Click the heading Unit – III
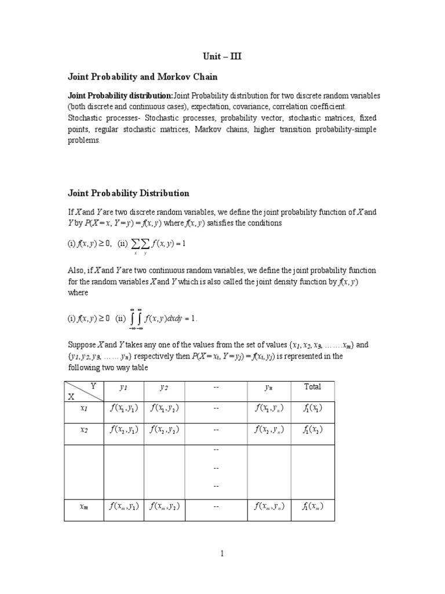(222, 56)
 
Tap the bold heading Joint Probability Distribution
(129, 193)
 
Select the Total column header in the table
(312, 387)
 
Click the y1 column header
(123, 387)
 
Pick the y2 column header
(164, 387)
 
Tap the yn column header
(268, 387)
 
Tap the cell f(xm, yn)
(269, 506)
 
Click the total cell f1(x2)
(312, 430)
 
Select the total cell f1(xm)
(312, 506)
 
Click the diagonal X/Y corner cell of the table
(83, 391)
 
